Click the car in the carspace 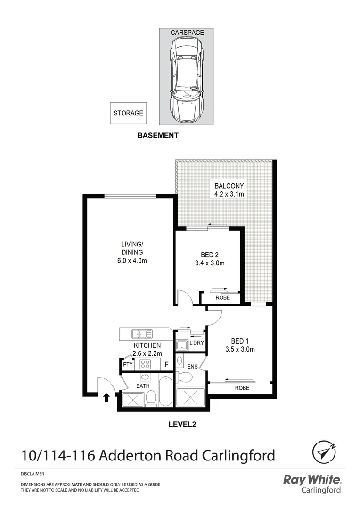188,80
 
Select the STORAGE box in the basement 128,114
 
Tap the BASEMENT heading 158,135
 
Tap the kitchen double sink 142,334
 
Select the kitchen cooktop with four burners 145,364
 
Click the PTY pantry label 127,365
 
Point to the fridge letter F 166,364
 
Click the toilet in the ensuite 186,378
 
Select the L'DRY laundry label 196,343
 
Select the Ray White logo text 311,480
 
